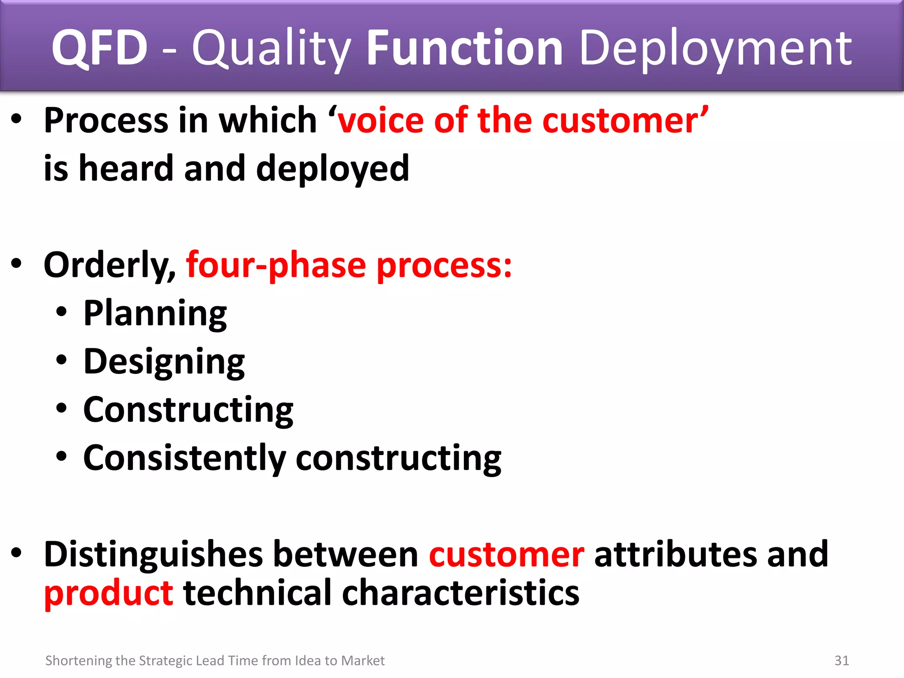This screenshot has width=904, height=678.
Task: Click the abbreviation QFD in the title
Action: pos(99,48)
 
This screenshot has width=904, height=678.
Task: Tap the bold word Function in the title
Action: pos(464,48)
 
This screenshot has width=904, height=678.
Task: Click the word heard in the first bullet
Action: pos(126,169)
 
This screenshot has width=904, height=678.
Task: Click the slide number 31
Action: pos(841,661)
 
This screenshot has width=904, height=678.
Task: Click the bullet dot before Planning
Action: pos(61,312)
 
